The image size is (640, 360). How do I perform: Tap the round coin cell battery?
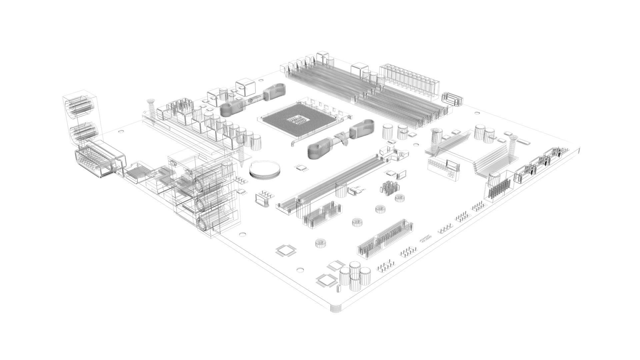tap(265, 170)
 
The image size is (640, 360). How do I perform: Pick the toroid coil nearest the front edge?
tap(320, 244)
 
